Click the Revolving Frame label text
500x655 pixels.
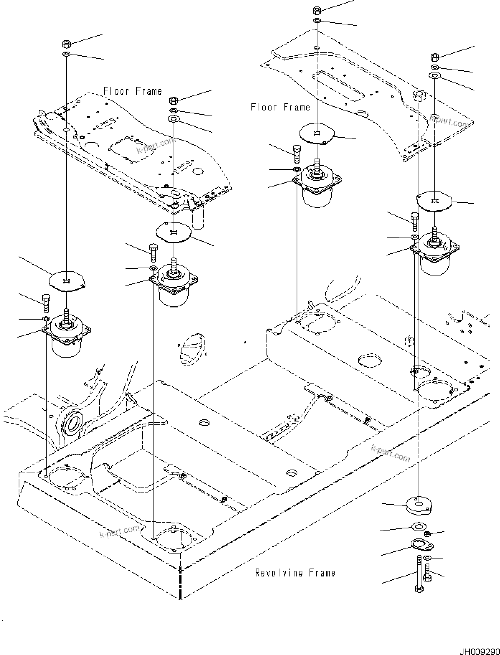point(295,573)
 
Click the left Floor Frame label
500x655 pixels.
point(132,91)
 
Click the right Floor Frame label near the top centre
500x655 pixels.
point(280,107)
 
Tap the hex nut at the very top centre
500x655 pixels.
point(317,10)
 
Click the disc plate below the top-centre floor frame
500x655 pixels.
point(317,133)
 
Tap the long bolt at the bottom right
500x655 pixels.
point(419,578)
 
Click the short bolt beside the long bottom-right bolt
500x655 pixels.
point(427,572)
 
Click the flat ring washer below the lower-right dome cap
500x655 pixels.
point(418,527)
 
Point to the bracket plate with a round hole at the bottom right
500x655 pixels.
point(422,545)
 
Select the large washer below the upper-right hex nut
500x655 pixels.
point(434,76)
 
